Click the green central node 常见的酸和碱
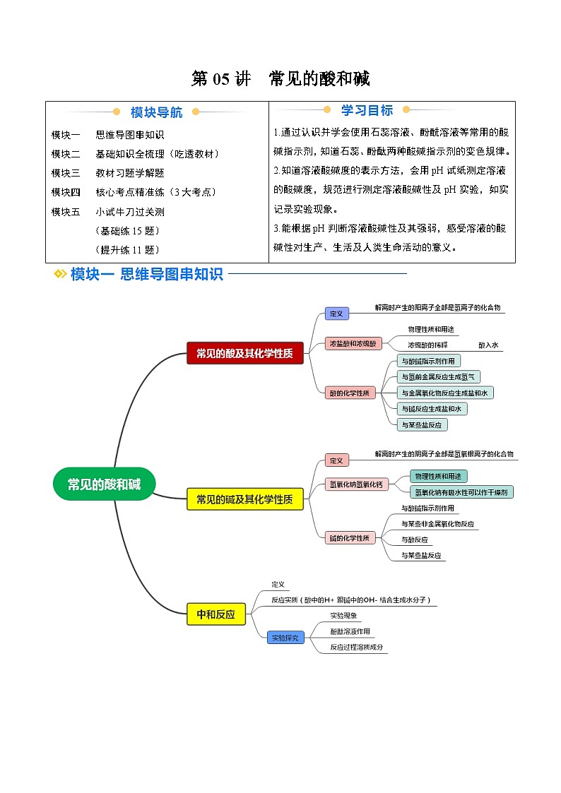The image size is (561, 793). [104, 484]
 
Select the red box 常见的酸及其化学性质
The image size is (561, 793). [244, 353]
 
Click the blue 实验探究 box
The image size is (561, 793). [285, 638]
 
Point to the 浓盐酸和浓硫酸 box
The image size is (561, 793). [353, 344]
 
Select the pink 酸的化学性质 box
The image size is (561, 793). [349, 393]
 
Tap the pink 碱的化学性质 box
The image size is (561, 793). [349, 538]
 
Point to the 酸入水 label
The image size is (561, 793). [488, 345]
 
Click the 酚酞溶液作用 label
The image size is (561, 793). [350, 631]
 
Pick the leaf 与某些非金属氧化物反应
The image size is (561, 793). [437, 524]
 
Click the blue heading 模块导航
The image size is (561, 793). [156, 112]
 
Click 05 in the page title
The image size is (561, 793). [221, 78]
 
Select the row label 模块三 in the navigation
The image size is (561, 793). [66, 173]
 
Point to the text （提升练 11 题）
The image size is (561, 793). [127, 249]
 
